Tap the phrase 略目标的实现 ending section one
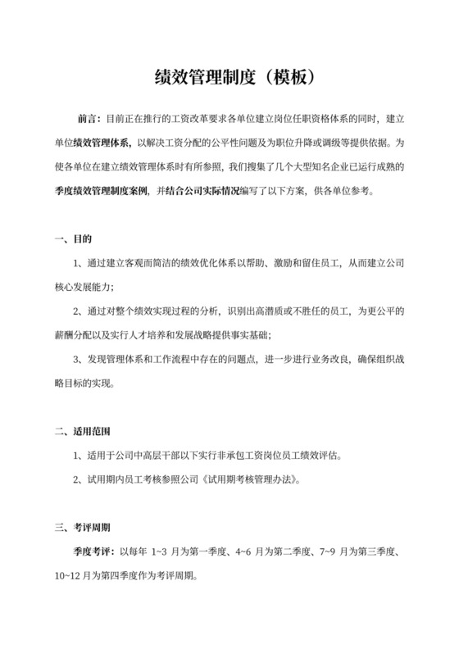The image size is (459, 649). pos(82,383)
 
